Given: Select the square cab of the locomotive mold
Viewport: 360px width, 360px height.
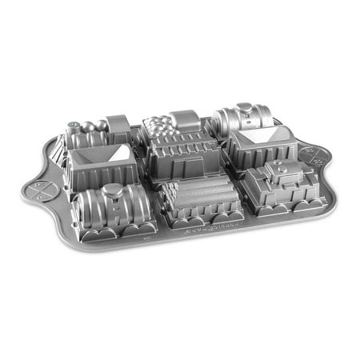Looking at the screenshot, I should pos(118,126).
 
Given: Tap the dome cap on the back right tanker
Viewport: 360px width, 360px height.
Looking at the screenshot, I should pos(243,108).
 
